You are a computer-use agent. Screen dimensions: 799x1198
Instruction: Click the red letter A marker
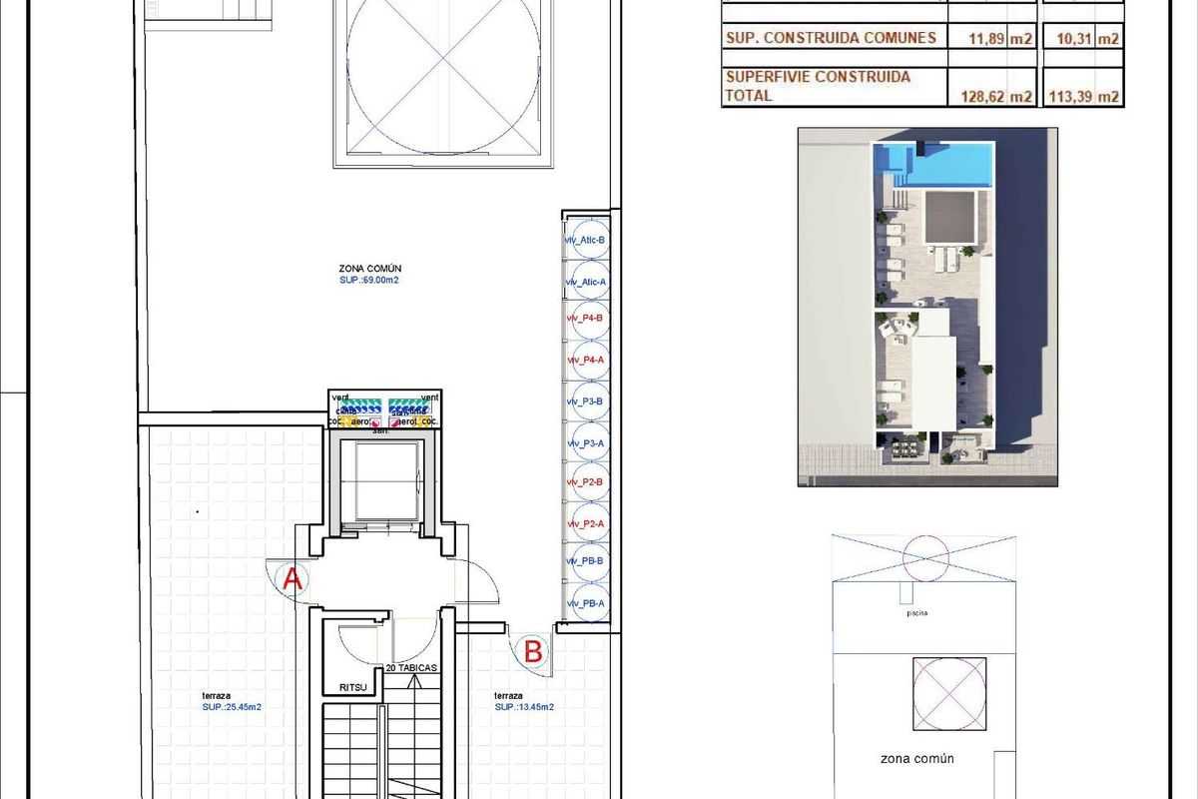pos(293,578)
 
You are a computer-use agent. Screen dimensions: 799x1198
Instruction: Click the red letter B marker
pos(533,652)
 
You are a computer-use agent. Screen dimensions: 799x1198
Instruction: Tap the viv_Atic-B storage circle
pos(587,240)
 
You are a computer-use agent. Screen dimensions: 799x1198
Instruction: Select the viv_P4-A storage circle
pos(587,360)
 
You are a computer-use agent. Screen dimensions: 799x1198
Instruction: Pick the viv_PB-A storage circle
pos(587,602)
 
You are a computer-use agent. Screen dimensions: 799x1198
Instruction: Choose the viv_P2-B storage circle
pos(587,481)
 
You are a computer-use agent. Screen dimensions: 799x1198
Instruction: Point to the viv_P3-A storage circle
pos(587,441)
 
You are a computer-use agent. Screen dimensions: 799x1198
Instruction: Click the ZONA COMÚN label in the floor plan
pos(369,269)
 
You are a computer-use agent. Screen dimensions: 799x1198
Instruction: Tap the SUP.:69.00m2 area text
pos(369,282)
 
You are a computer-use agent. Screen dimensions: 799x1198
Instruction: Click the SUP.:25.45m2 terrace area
pos(231,707)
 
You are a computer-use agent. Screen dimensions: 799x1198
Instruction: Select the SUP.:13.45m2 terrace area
pos(524,707)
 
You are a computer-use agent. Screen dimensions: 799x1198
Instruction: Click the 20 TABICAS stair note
pos(411,667)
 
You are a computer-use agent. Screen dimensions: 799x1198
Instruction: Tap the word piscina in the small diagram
pos(916,613)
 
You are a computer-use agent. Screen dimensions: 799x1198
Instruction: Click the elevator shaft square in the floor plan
pos(382,481)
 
